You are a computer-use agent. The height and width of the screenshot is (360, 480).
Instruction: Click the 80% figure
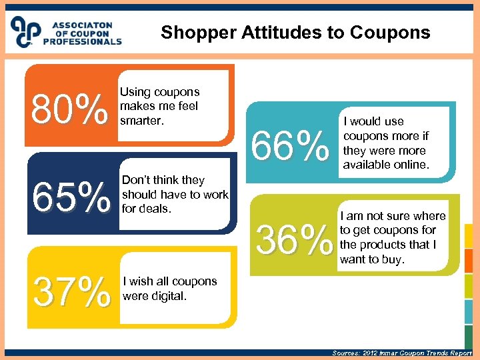(69, 109)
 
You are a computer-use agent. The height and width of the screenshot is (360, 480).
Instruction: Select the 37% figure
(72, 292)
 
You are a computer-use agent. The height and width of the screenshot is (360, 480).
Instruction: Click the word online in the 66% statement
(409, 165)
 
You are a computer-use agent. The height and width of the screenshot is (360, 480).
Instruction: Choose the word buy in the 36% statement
(391, 259)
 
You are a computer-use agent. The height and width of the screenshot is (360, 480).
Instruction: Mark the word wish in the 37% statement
(141, 281)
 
